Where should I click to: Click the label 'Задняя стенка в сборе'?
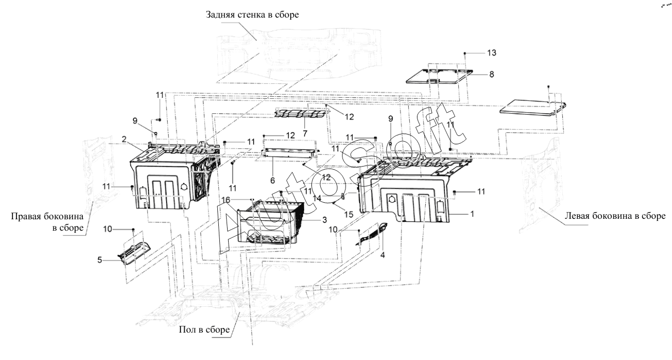click(x=252, y=14)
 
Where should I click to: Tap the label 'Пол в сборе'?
click(x=204, y=329)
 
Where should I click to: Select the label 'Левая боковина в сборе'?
click(x=615, y=216)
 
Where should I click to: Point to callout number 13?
click(x=491, y=53)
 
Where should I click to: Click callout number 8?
click(x=491, y=74)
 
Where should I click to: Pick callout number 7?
click(x=305, y=133)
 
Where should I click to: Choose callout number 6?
click(x=273, y=181)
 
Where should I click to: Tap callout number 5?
click(x=100, y=260)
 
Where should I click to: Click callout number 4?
click(x=382, y=255)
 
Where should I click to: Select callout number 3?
click(x=324, y=220)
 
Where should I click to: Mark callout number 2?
click(x=124, y=139)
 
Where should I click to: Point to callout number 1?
click(x=472, y=214)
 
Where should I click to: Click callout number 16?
click(x=226, y=200)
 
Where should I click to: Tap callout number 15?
click(x=349, y=215)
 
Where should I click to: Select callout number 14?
click(x=317, y=198)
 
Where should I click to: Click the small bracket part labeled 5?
click(x=134, y=253)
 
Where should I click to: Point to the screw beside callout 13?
click(x=465, y=53)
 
